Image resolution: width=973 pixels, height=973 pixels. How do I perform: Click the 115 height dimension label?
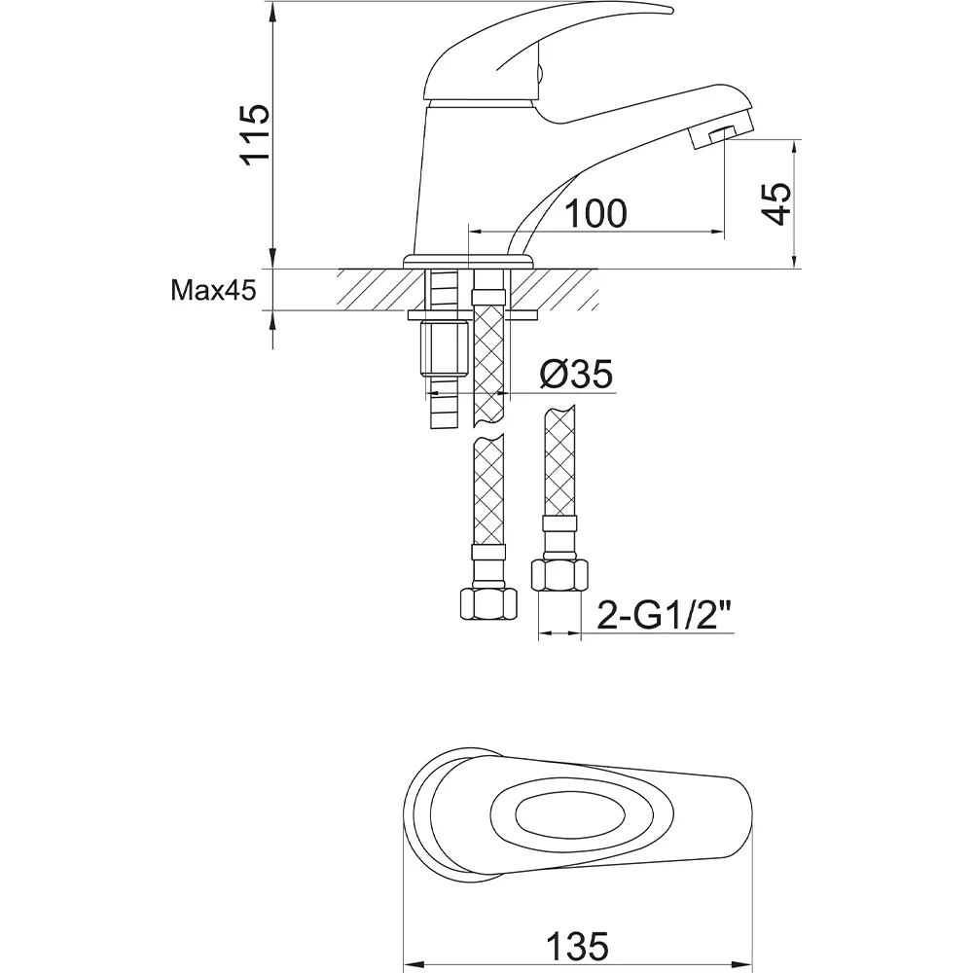(256, 134)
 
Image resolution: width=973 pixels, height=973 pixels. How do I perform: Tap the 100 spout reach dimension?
(595, 213)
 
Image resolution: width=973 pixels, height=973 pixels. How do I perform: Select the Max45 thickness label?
(213, 290)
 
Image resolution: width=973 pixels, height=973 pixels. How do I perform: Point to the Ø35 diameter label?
(576, 374)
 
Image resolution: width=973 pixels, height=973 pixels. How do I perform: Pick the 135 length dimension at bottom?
(577, 947)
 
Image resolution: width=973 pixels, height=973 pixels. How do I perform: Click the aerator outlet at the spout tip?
(721, 133)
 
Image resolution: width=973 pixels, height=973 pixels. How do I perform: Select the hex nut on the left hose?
(488, 604)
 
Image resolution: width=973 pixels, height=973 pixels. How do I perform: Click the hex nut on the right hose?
(559, 575)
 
